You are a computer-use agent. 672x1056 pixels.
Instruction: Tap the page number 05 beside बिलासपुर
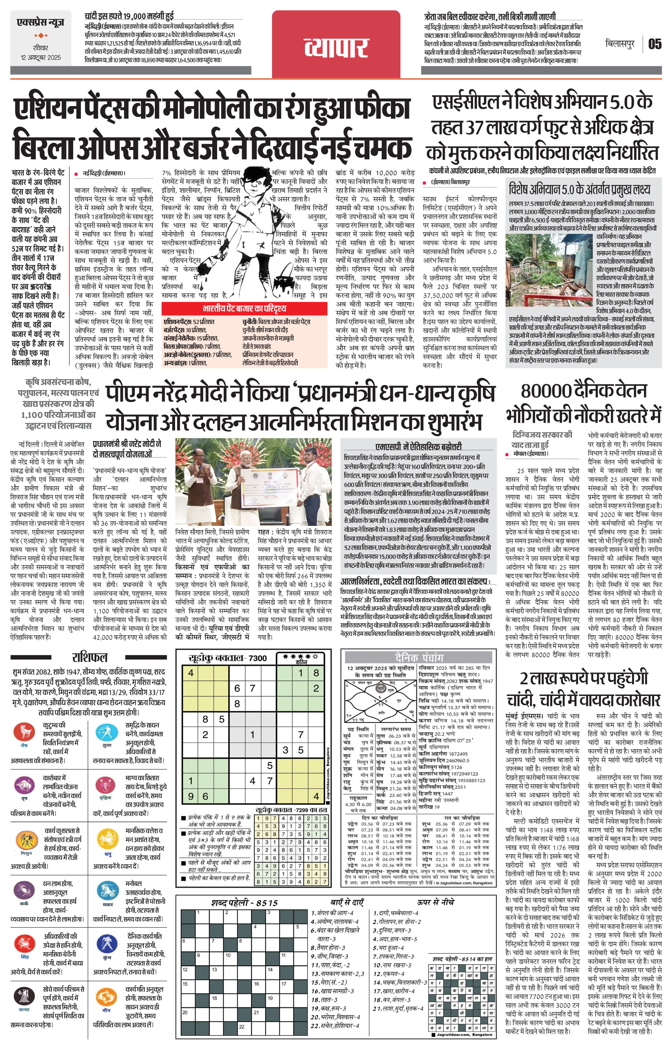654,44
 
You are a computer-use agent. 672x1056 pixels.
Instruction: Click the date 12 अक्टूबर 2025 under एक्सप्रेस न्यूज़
41,57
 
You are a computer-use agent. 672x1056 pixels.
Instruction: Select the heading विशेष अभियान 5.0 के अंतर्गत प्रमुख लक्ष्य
579,189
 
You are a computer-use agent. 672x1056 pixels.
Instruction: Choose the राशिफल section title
89,657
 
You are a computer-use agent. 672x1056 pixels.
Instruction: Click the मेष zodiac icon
24,731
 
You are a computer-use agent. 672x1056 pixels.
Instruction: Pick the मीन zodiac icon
106,996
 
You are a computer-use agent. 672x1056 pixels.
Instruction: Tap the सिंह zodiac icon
24,942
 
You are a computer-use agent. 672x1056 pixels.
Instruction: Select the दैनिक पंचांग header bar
419,657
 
